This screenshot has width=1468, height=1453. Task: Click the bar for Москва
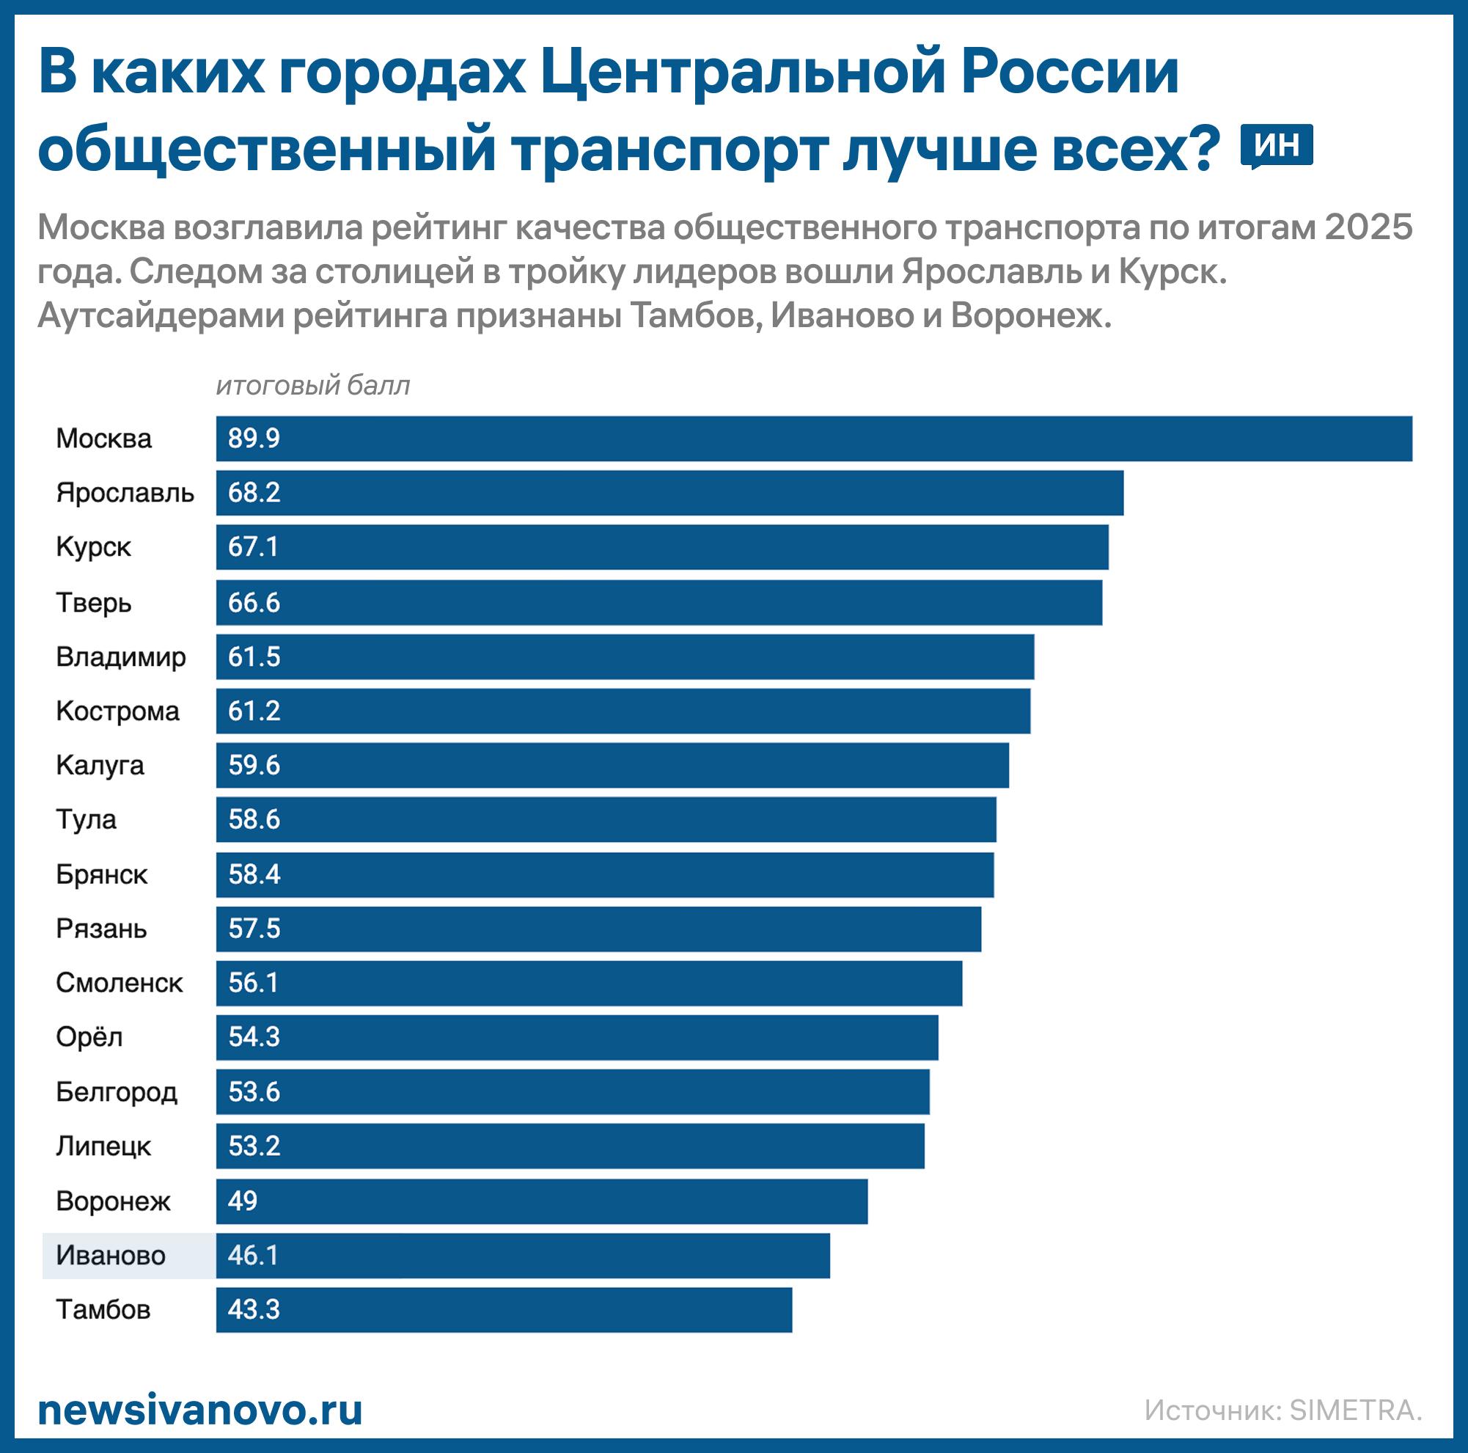click(813, 439)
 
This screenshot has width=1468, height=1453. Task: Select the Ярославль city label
click(125, 493)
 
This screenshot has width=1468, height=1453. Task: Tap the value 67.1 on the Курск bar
click(253, 547)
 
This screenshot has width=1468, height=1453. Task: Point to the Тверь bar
click(658, 603)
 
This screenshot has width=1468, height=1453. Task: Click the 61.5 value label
click(254, 656)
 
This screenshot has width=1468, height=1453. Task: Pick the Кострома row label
click(118, 711)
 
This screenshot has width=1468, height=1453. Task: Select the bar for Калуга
click(612, 765)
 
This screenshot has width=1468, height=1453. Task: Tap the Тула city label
click(86, 820)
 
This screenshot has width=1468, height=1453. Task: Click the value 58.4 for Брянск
click(254, 875)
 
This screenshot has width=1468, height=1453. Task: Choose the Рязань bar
click(598, 929)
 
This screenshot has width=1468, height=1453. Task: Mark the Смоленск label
click(120, 984)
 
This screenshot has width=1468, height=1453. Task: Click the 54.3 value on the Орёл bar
click(254, 1037)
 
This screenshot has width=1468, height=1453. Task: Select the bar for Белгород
click(572, 1092)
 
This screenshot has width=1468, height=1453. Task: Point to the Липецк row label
click(103, 1146)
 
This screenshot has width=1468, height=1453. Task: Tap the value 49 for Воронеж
click(243, 1201)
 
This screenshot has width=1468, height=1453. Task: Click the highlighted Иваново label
click(111, 1256)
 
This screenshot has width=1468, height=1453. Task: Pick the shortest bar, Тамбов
click(503, 1310)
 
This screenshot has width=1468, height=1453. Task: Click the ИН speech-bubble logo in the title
click(1277, 145)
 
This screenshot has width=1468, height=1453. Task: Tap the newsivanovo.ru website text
click(200, 1411)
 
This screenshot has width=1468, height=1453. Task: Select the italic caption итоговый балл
click(312, 386)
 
